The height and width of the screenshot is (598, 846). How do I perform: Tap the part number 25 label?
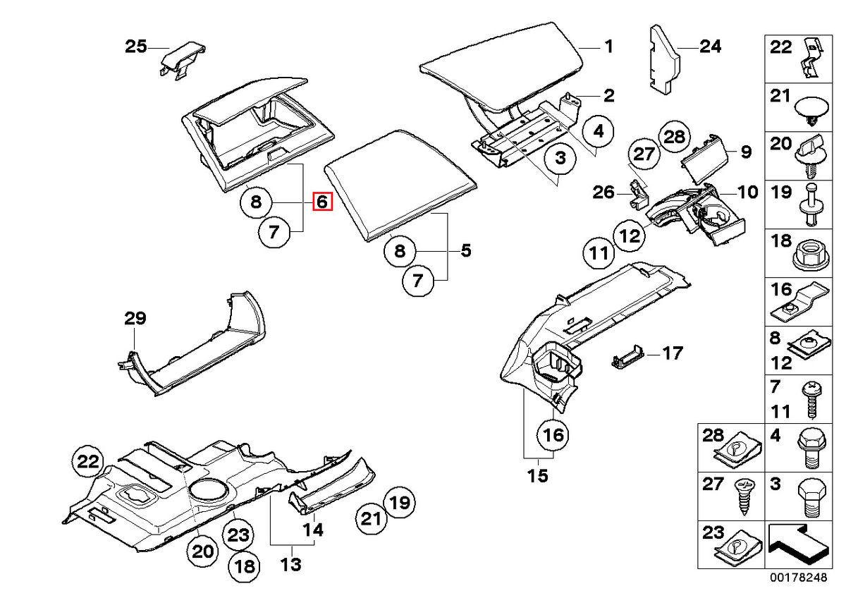[x=136, y=47]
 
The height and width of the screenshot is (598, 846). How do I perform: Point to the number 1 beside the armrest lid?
[x=608, y=47]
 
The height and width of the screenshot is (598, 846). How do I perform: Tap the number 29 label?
[x=135, y=318]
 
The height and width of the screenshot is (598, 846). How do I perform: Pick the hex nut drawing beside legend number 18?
[x=809, y=252]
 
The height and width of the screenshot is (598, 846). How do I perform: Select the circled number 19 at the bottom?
[x=399, y=503]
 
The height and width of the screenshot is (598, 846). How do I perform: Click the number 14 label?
[x=314, y=530]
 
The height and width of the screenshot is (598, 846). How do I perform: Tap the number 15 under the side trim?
[x=537, y=476]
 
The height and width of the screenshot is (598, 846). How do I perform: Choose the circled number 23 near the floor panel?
[x=237, y=536]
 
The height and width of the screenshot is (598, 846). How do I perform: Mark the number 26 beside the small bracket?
[x=603, y=192]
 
